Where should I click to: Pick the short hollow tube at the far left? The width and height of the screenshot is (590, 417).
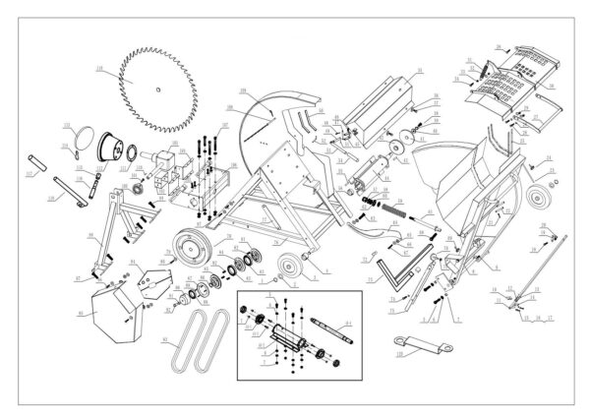point(35,157)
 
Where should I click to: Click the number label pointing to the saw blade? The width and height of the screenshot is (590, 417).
point(100,68)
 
